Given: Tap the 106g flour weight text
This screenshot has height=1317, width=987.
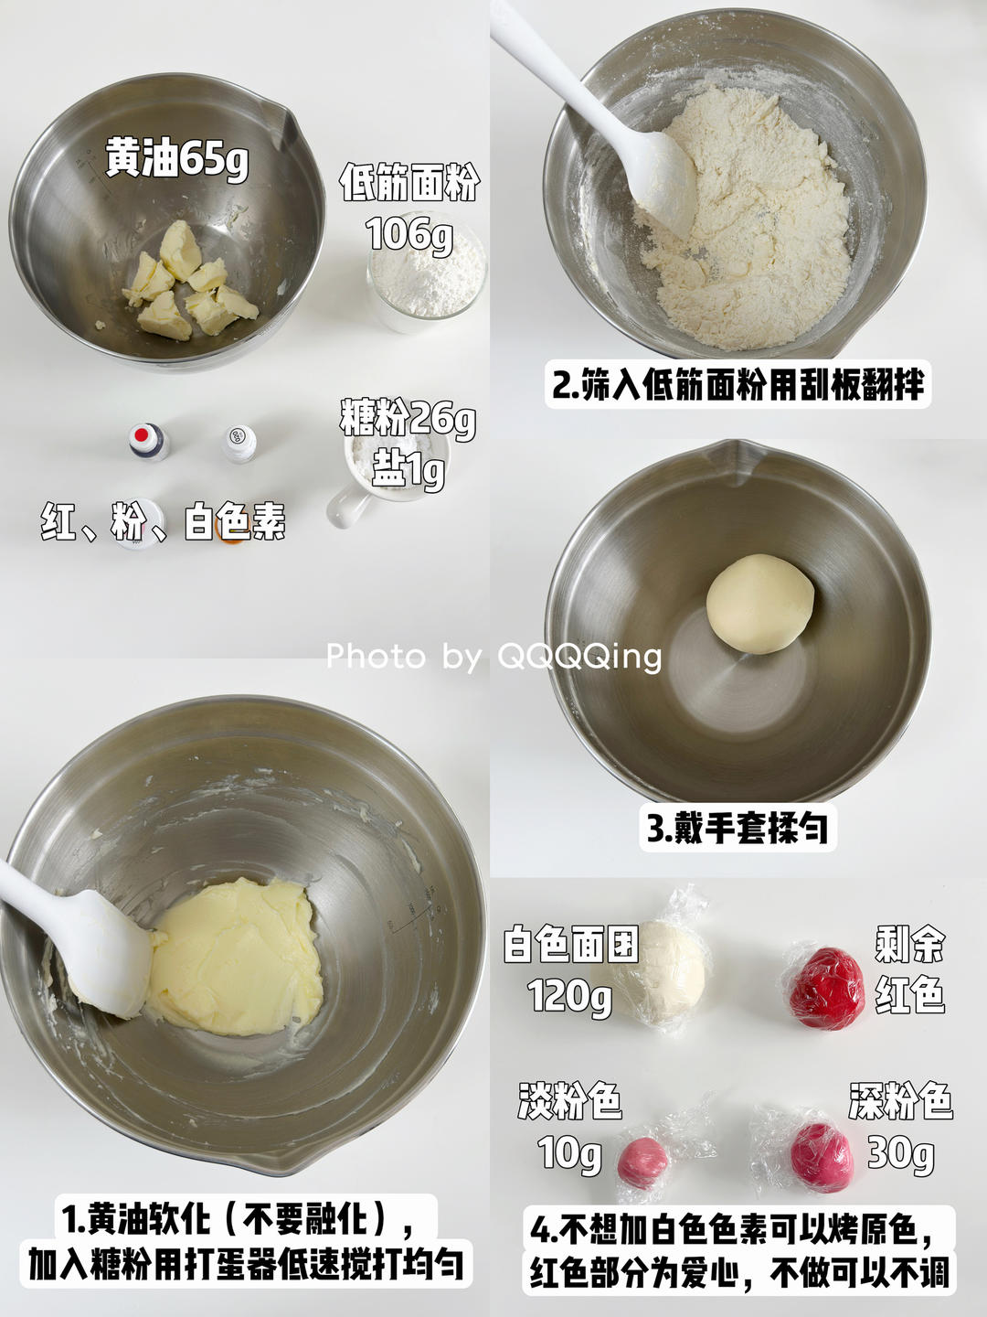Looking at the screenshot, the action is pyautogui.click(x=410, y=234).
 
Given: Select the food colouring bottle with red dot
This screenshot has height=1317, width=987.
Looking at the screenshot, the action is pyautogui.click(x=149, y=441).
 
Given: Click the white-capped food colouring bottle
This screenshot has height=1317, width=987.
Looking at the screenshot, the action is pyautogui.click(x=239, y=444).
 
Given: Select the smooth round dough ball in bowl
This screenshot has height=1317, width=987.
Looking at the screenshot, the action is pyautogui.click(x=759, y=604).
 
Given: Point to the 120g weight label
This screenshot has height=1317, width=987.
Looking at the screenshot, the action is pyautogui.click(x=569, y=997).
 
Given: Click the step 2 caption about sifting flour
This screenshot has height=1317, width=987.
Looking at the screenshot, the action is pyautogui.click(x=738, y=385).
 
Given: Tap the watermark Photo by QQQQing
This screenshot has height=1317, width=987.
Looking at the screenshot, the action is pyautogui.click(x=493, y=657).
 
